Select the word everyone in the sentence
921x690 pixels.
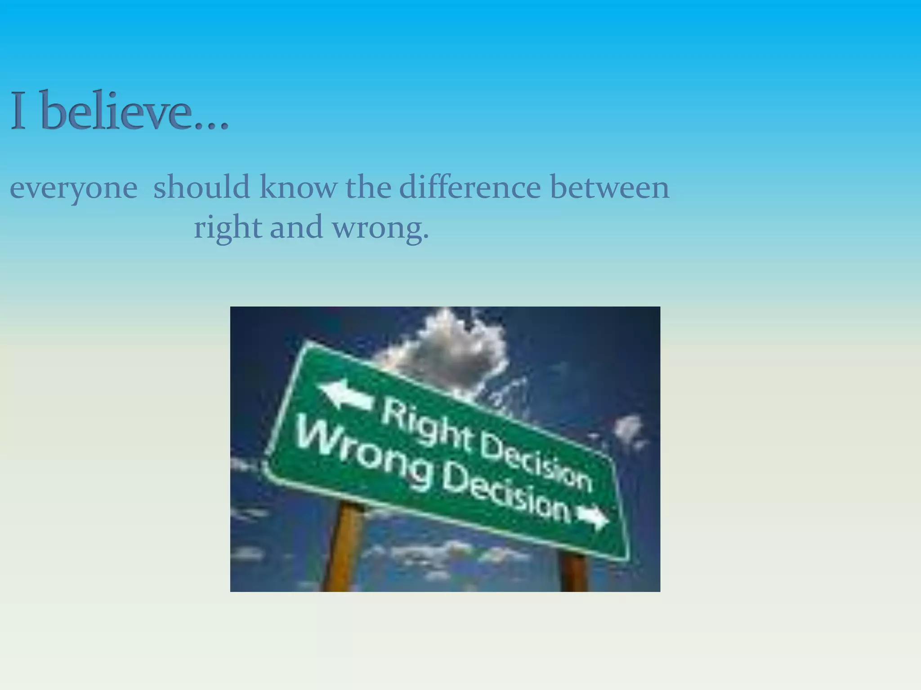(73, 188)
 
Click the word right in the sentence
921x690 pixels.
(228, 227)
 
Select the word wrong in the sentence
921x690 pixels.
(380, 228)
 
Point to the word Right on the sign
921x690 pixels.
(427, 425)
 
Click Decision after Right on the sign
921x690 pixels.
(535, 463)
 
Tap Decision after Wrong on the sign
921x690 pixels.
(506, 499)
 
